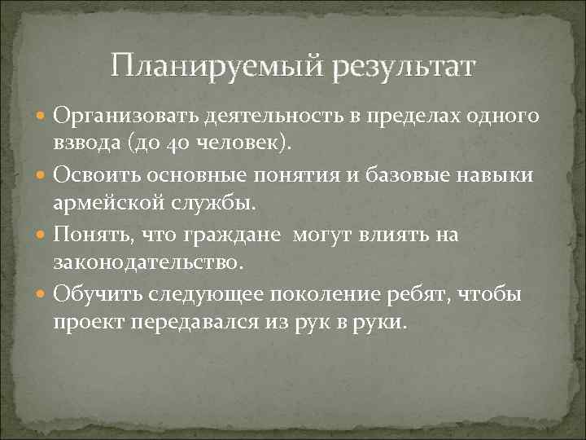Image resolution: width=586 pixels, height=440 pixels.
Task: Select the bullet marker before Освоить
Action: (43, 175)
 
